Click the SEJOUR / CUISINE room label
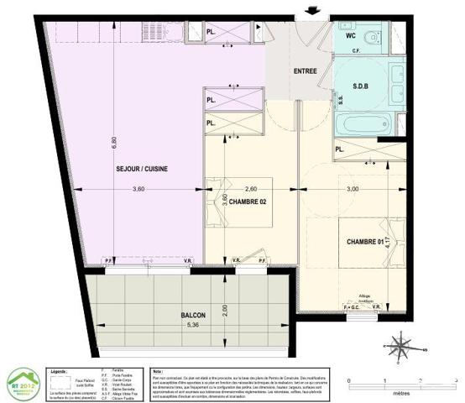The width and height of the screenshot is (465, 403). (x=143, y=169)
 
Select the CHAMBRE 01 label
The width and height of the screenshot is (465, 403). (x=364, y=243)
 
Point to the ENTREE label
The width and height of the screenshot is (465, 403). (x=305, y=71)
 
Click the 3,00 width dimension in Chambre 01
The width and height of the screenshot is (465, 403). (x=352, y=190)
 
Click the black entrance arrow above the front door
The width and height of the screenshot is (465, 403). (x=315, y=9)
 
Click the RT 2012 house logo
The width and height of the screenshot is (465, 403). (x=24, y=384)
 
